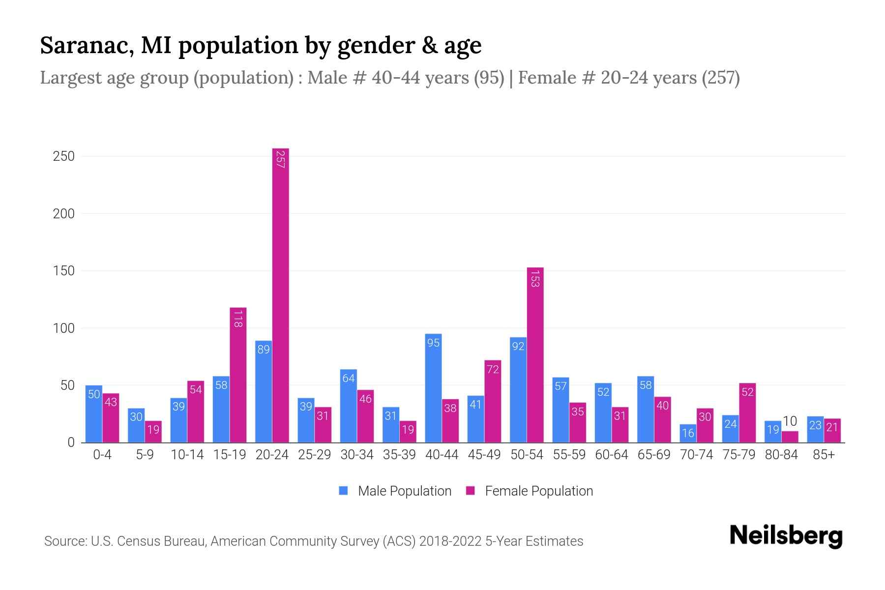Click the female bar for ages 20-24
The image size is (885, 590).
[x=280, y=295]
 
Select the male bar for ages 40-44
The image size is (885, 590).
[x=433, y=388]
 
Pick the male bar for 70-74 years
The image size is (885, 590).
[x=688, y=434]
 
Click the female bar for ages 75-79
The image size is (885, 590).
[x=747, y=413]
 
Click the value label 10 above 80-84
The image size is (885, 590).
[x=790, y=421]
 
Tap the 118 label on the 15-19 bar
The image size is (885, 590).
[x=238, y=319]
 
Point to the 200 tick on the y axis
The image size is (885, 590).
[x=64, y=214]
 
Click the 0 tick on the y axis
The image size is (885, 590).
[x=71, y=442]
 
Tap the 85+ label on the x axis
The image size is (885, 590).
[x=824, y=455]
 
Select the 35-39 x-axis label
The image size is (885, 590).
[x=399, y=455]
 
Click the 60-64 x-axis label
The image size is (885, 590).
[x=611, y=455]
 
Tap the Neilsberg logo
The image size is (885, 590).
[x=786, y=536]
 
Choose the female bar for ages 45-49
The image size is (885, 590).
[x=493, y=401]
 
